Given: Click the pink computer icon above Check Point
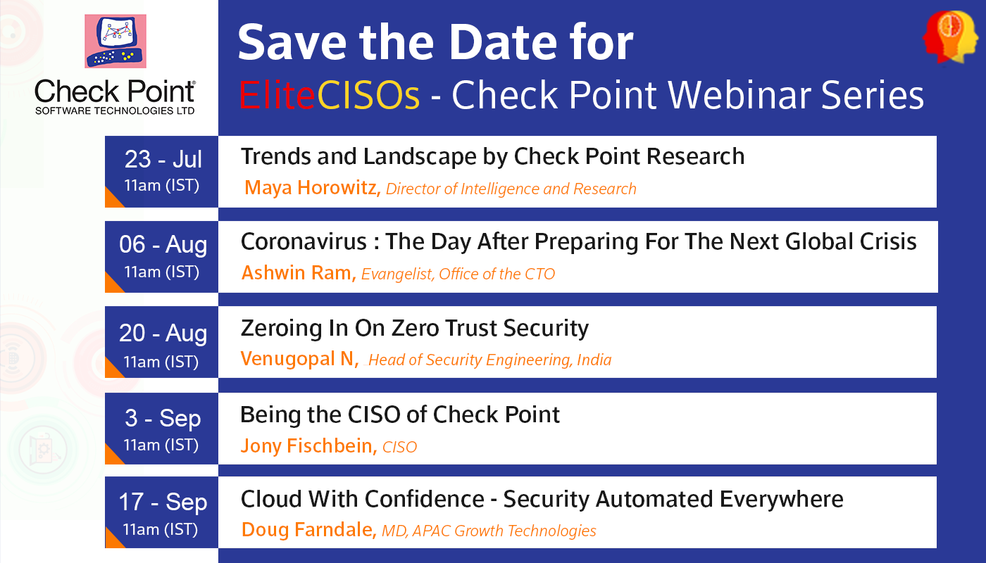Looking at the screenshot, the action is pos(116,42).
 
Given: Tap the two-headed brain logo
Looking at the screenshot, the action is pos(950,37).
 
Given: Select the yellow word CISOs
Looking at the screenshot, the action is pos(368,95).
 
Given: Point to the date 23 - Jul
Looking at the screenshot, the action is pos(163,159).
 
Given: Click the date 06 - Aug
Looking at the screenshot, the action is pos(163,245).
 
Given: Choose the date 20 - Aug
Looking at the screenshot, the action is pos(163,333).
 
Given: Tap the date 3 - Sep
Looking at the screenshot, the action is pos(163,418).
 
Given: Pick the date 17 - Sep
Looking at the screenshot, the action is pos(163,502).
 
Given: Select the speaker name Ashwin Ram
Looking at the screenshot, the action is pos(299,273).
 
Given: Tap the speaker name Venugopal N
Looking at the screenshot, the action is pos(300,359).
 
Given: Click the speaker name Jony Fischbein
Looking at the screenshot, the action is pos(309,446).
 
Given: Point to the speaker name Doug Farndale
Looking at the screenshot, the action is pos(309,529).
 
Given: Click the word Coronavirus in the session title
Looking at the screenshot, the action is pos(304,241).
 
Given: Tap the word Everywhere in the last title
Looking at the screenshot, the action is pos(782,500).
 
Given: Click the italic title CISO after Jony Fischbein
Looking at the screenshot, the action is pos(399,448).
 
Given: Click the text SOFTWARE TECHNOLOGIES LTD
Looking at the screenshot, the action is pos(115,111).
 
